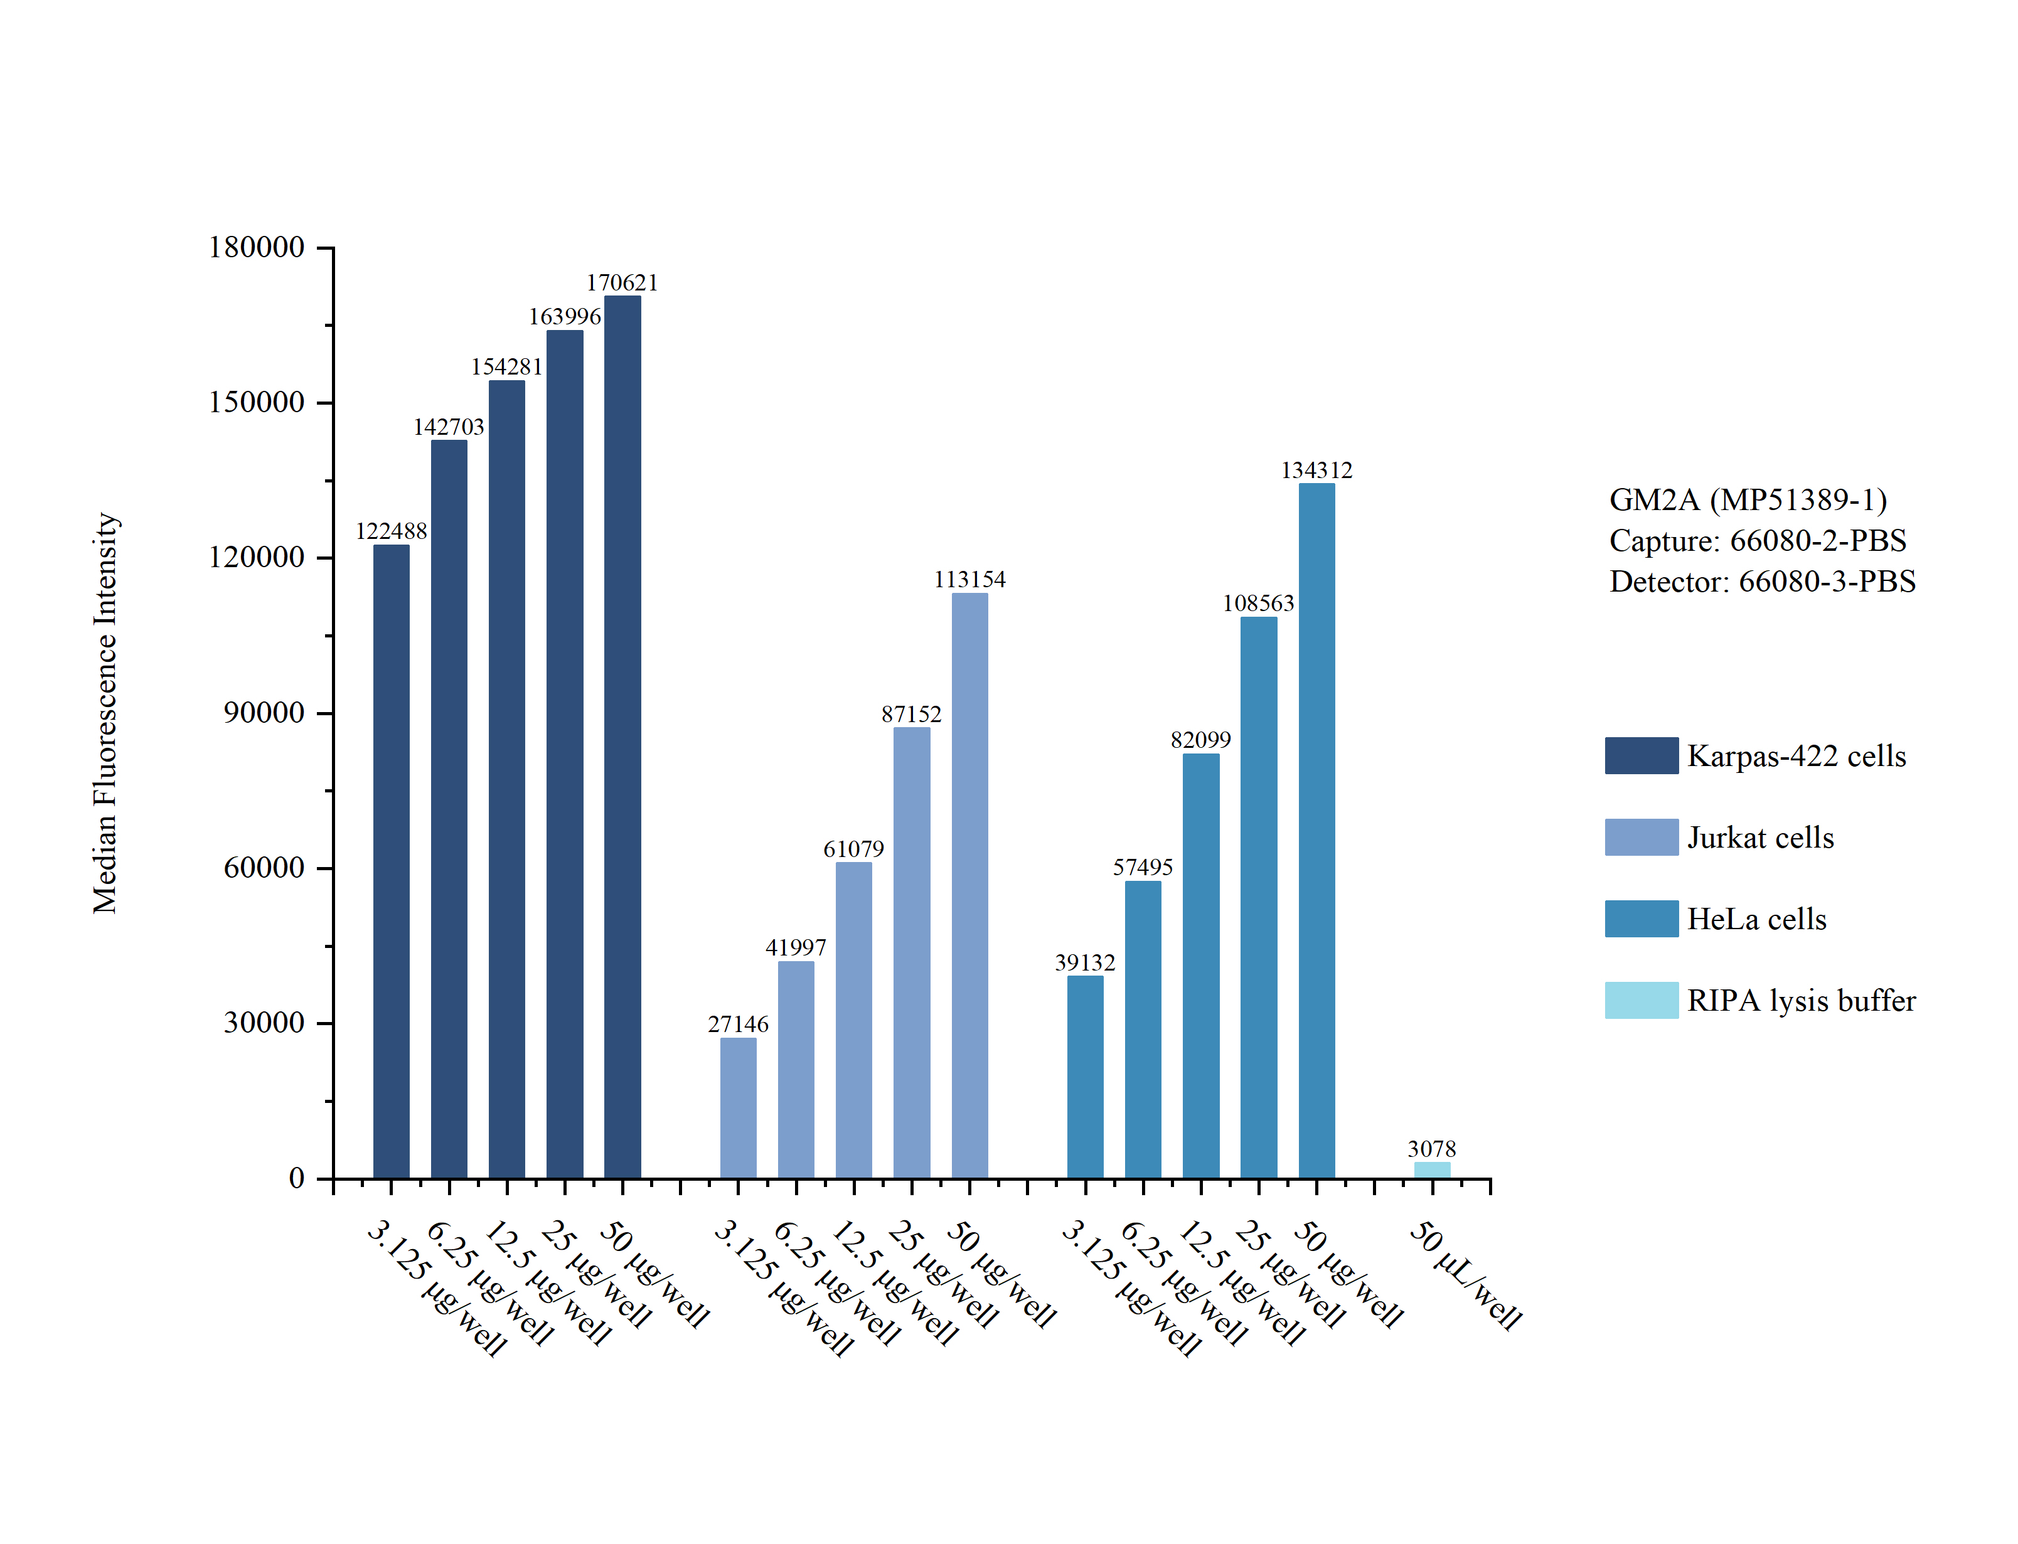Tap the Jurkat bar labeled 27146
[738, 1107]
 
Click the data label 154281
[506, 366]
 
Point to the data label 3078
[1432, 1148]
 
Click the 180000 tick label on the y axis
[257, 247]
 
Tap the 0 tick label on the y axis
[296, 1178]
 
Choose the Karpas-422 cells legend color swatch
[1642, 755]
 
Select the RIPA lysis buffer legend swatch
[1642, 1000]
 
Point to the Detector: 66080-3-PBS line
[1761, 581]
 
